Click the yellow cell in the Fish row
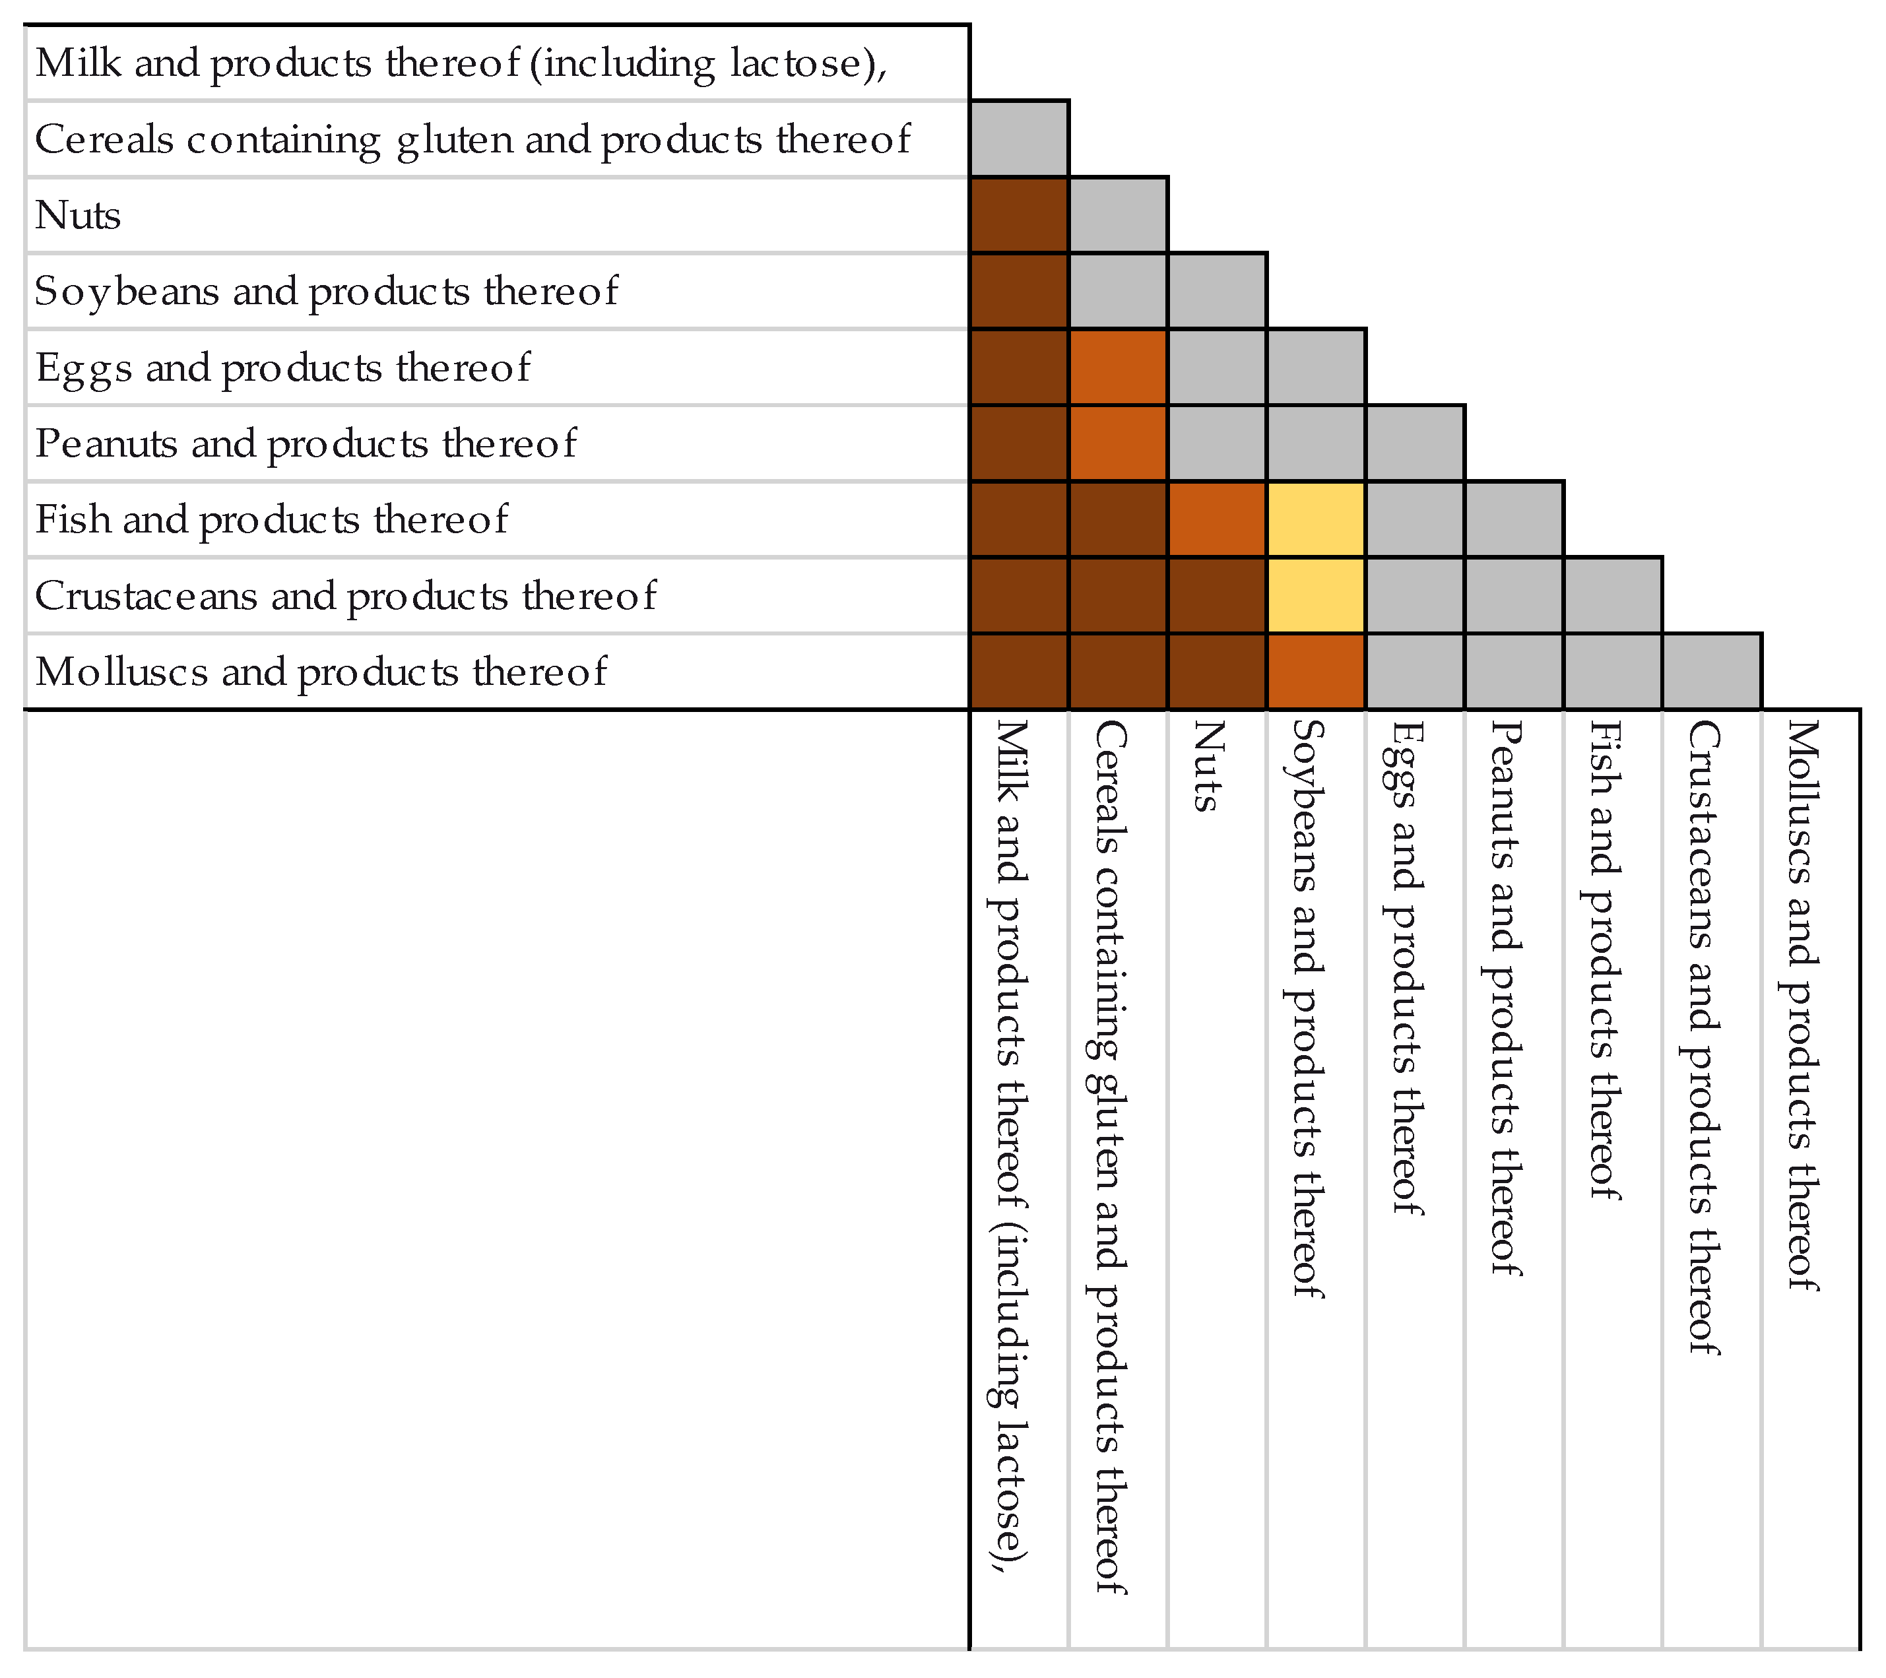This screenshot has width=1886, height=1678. coord(1316,519)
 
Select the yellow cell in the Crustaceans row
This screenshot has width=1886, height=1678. coord(1316,595)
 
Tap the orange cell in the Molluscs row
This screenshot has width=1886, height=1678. coord(1316,672)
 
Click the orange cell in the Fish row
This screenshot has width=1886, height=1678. coord(1217,519)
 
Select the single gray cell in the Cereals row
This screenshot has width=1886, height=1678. coord(1020,139)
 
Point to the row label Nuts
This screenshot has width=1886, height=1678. coord(79,216)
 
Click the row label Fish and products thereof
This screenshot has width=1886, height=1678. coord(271,519)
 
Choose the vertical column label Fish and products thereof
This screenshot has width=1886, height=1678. coord(1604,959)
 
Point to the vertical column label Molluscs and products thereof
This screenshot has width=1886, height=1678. coord(1801,1006)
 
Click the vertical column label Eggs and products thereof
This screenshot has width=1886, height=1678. coord(1406,969)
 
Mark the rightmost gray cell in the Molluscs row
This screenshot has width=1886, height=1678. coord(1712,672)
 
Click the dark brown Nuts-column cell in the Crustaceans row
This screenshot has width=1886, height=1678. coord(1217,595)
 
